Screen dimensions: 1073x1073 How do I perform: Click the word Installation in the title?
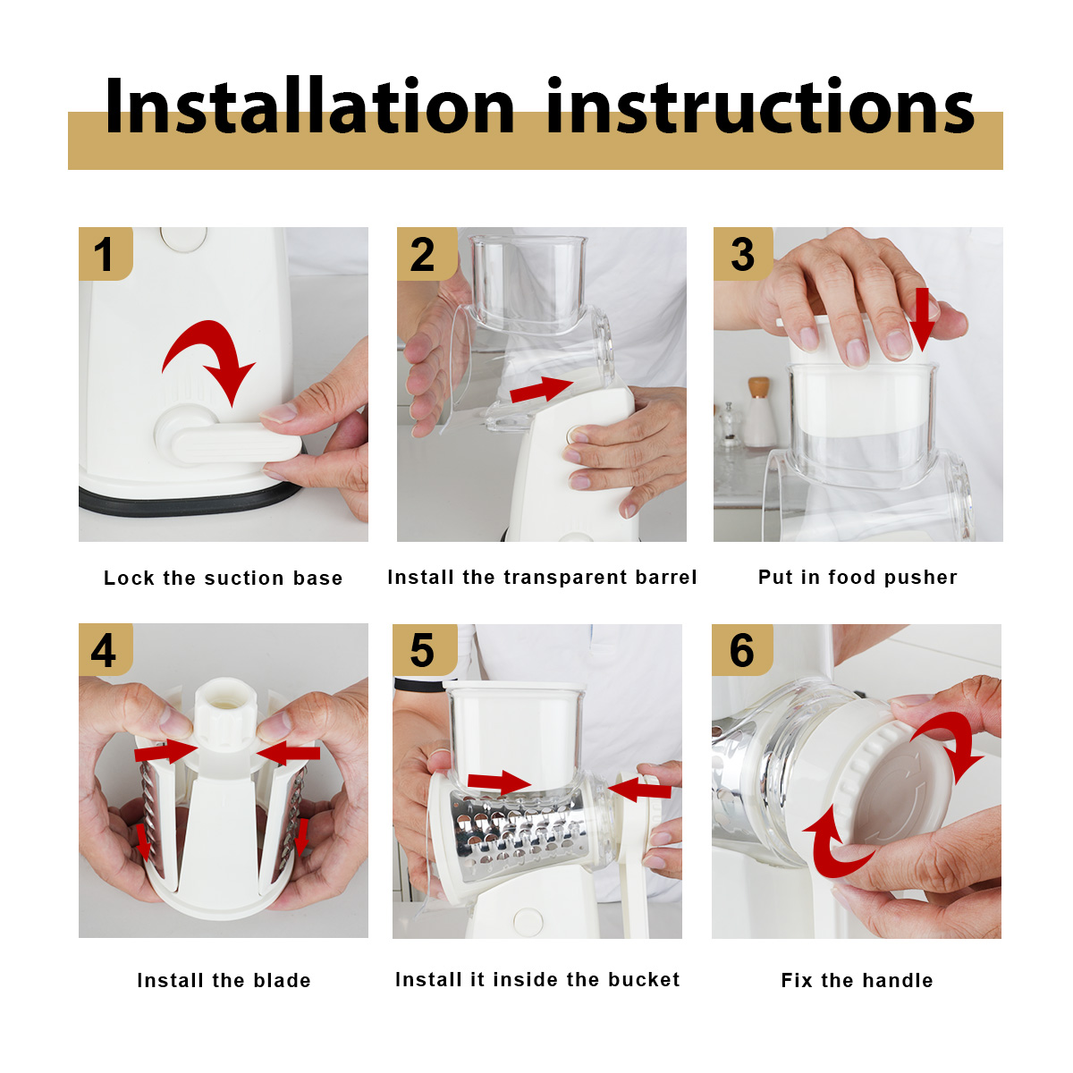point(309,106)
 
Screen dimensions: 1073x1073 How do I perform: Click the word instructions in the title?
point(761,106)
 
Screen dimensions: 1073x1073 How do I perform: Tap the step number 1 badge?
point(106,253)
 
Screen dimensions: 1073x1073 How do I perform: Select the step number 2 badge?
point(426,253)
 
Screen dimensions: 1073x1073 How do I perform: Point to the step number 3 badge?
point(743,253)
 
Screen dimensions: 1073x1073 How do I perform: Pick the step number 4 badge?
point(106,649)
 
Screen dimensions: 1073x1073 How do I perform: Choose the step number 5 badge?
point(425,650)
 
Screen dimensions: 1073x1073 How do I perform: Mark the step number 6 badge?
point(742,650)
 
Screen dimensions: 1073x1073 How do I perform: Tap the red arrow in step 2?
point(541,389)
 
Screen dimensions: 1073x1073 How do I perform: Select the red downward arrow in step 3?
point(923,319)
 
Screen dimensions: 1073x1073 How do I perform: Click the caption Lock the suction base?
point(224,578)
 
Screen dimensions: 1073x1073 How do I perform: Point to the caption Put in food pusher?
point(858,578)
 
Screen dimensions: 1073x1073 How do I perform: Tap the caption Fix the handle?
point(857,980)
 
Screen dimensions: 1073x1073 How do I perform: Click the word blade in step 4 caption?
point(283,980)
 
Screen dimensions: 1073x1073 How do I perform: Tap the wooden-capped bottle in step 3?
point(758,412)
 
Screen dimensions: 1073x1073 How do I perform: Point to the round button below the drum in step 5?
point(528,921)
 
